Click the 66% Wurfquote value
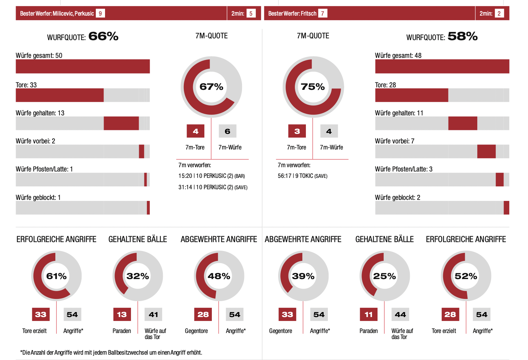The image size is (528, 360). (x=103, y=36)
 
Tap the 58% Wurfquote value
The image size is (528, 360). (x=462, y=36)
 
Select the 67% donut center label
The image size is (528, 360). (x=211, y=87)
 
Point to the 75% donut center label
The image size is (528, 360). (x=313, y=87)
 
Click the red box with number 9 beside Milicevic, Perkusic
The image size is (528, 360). (x=100, y=13)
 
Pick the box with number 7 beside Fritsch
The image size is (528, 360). (x=323, y=13)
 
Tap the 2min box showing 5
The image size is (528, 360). (x=251, y=13)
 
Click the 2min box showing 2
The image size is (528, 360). (x=499, y=13)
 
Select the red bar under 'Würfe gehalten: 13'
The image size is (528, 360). (x=121, y=123)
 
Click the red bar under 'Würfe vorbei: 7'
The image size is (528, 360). (x=486, y=152)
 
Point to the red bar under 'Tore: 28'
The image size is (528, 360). (x=412, y=95)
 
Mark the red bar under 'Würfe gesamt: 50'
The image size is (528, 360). (x=83, y=66)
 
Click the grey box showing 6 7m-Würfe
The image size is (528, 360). (x=227, y=131)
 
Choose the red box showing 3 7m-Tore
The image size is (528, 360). (x=297, y=131)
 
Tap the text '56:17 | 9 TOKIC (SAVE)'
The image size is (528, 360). (x=302, y=176)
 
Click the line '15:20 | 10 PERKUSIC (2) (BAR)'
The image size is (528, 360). (x=211, y=176)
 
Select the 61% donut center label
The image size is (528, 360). (x=56, y=276)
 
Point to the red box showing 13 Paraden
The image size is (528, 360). (x=122, y=314)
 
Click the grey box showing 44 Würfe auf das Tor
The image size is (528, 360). (x=400, y=314)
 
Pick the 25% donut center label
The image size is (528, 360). (x=384, y=276)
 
